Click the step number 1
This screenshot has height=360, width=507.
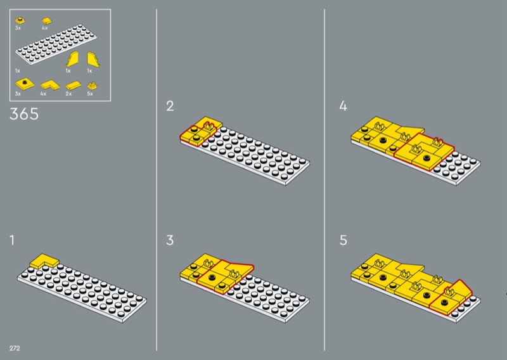12,240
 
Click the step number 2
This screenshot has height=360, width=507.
170,106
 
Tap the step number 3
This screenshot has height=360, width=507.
170,240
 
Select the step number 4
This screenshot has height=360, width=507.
343,106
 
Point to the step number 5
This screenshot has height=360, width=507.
343,240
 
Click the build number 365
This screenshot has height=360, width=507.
24,114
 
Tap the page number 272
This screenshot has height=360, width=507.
15,348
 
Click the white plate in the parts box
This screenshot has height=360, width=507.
56,44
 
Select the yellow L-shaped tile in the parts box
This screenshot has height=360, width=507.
50,85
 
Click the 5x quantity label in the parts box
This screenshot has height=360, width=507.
90,94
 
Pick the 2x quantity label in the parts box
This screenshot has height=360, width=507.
68,94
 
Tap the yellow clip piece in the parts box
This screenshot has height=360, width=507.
92,86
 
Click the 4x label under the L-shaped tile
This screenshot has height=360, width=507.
43,94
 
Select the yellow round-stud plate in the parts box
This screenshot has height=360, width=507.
20,20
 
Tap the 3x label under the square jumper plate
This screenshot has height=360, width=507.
18,94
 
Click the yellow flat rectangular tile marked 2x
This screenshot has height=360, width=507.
73,85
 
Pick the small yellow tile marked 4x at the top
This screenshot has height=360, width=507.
47,21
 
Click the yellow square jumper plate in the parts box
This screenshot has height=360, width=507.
25,84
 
